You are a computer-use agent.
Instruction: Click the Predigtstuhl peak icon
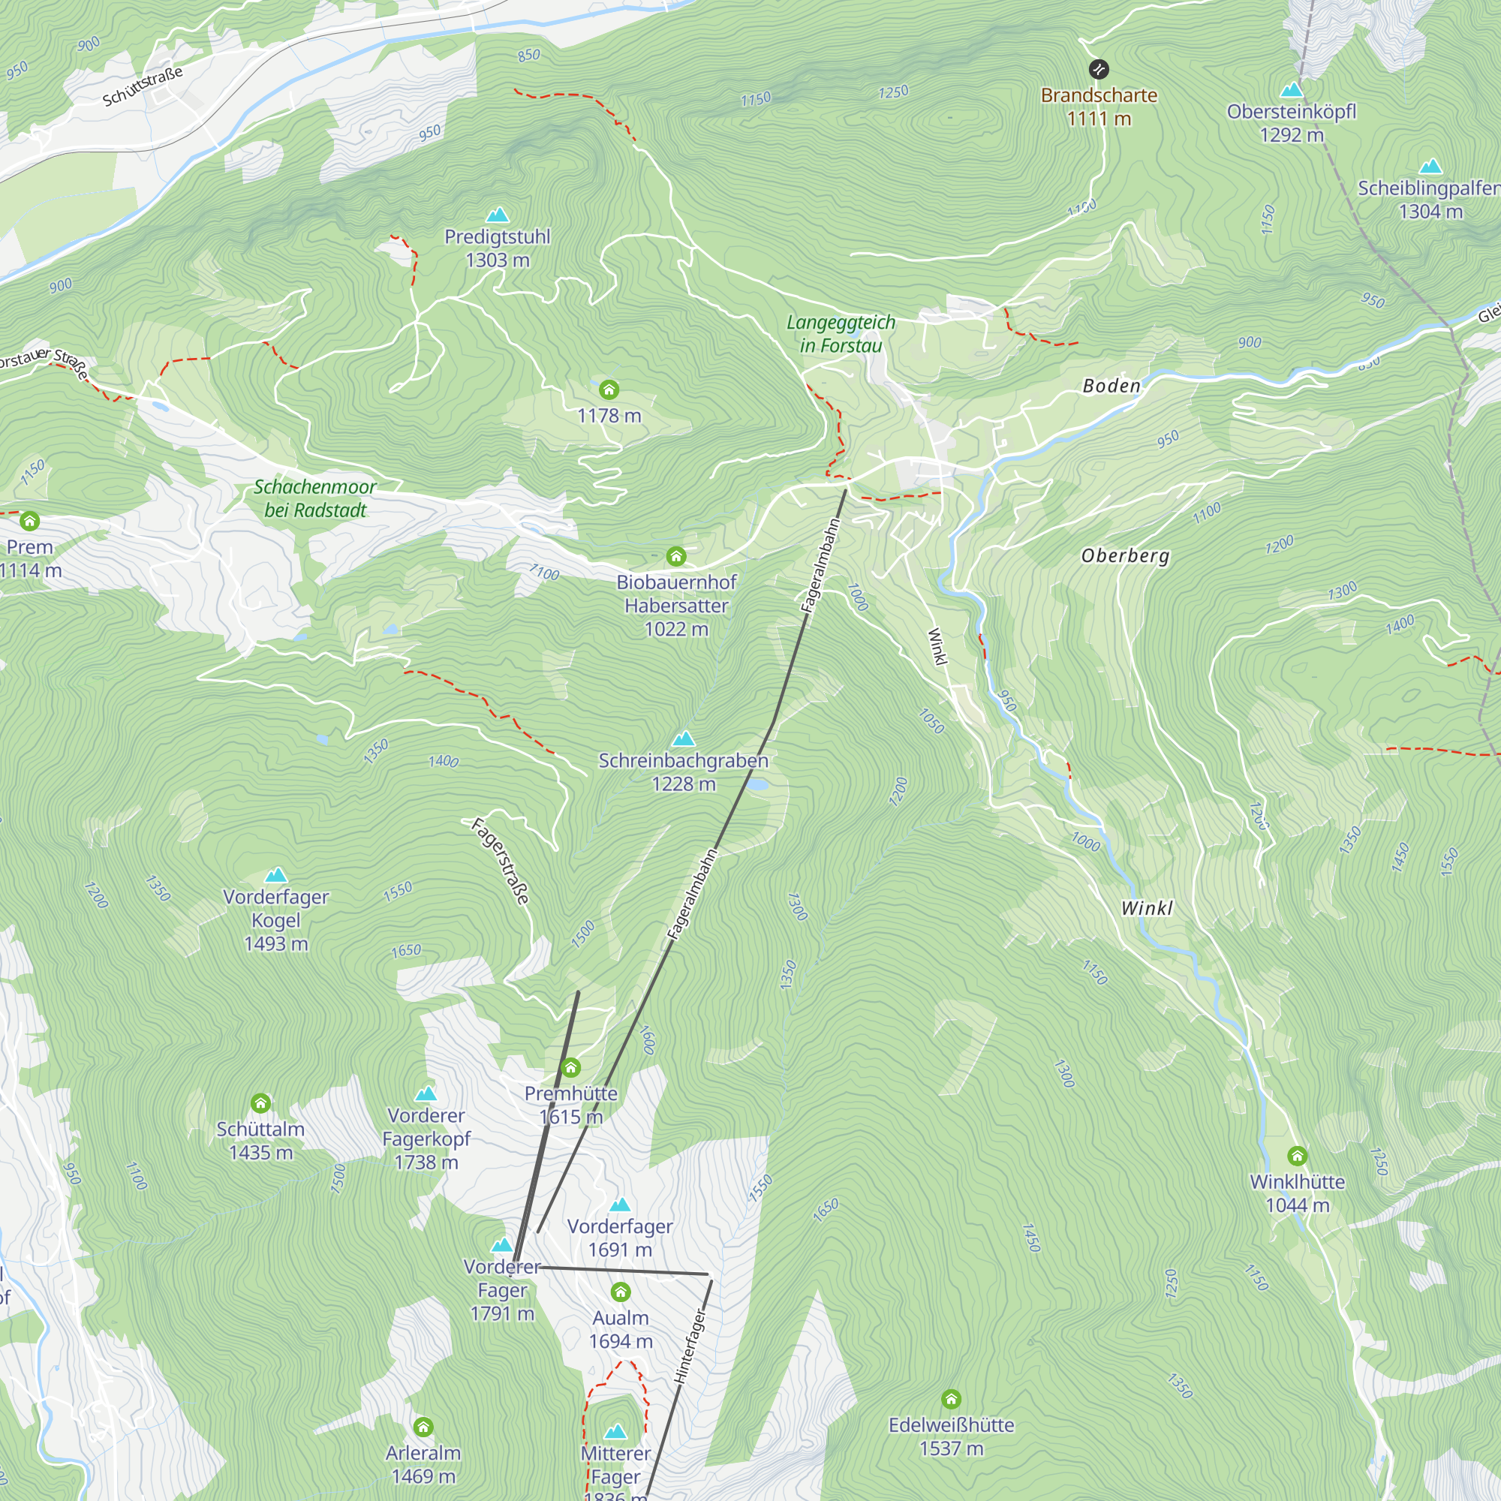[498, 215]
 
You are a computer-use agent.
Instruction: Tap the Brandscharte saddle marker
[1099, 70]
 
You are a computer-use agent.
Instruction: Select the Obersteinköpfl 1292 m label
[1291, 123]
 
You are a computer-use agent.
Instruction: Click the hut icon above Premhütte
[571, 1067]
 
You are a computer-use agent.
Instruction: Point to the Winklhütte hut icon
[1297, 1156]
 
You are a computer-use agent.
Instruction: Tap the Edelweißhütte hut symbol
[951, 1399]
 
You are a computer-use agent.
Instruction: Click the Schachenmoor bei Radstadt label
[314, 498]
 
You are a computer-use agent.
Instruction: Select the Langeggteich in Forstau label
[841, 333]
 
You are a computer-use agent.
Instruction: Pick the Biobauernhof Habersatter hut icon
[676, 555]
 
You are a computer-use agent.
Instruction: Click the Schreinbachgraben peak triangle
[684, 738]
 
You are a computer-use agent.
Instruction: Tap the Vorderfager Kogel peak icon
[275, 876]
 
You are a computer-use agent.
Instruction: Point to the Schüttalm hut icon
[260, 1103]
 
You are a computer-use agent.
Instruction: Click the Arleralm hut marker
[423, 1427]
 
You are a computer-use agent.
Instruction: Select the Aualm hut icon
[620, 1292]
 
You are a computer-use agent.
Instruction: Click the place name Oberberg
[1125, 555]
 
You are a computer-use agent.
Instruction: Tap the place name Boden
[1111, 386]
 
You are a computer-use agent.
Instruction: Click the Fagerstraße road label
[501, 861]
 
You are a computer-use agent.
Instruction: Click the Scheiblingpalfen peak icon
[1430, 167]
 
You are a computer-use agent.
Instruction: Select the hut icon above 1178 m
[609, 390]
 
